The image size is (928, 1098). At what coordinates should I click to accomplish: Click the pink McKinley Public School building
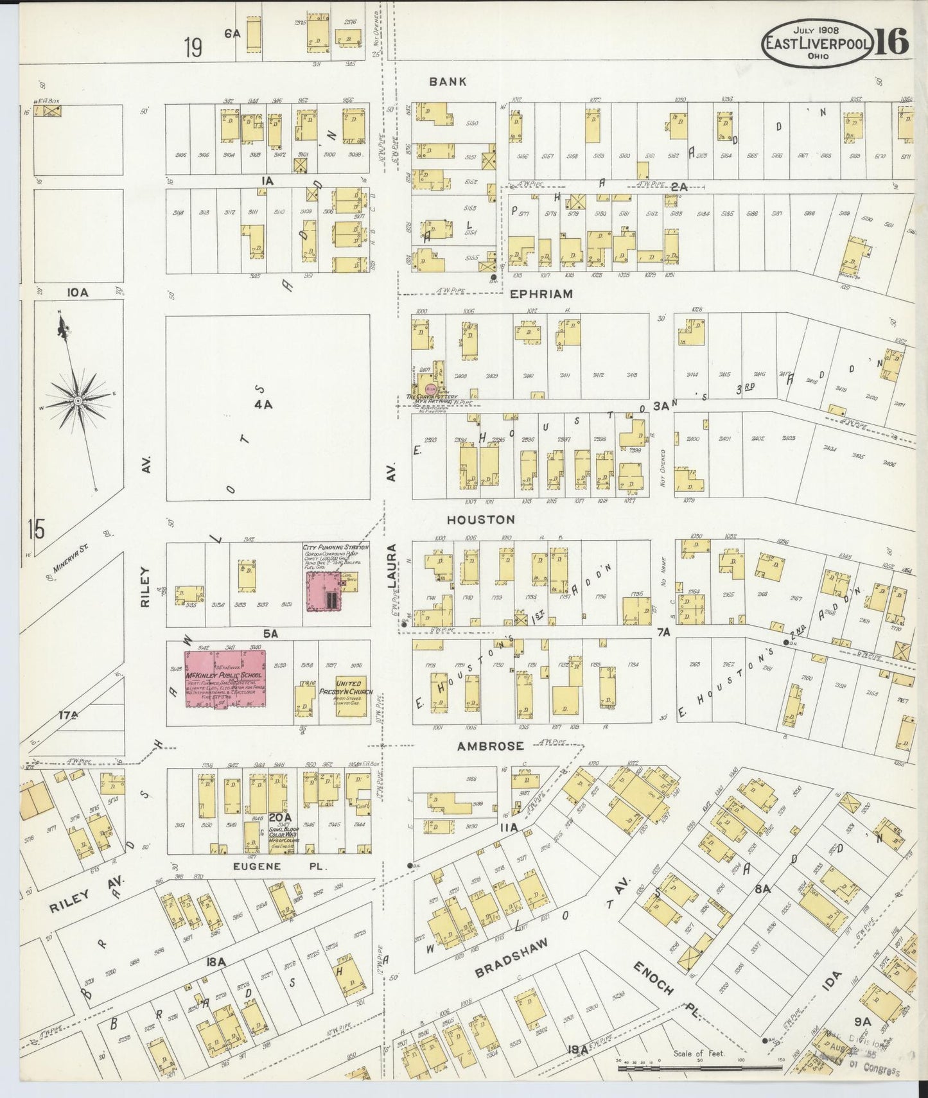click(225, 679)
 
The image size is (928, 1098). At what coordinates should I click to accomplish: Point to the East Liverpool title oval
click(817, 43)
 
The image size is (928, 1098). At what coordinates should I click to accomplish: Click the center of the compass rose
click(78, 401)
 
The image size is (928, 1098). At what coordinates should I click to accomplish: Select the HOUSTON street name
click(481, 519)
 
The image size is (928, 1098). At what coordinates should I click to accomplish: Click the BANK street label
click(448, 82)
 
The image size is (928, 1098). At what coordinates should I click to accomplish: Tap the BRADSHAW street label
click(512, 959)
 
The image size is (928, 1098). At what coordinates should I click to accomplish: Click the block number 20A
click(280, 817)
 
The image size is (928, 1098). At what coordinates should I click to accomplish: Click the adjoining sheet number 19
click(193, 48)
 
